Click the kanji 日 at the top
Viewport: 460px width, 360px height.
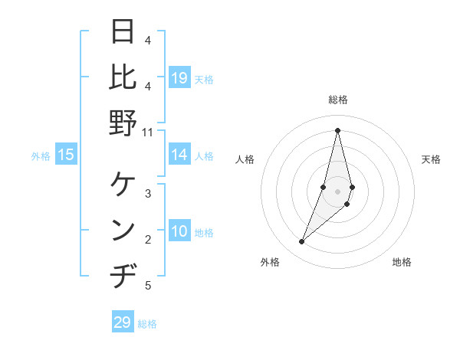click(x=123, y=32)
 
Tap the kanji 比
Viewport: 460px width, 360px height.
click(x=123, y=77)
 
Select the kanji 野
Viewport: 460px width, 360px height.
click(x=123, y=122)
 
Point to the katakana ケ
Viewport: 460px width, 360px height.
click(x=123, y=185)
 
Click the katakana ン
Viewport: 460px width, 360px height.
click(x=123, y=230)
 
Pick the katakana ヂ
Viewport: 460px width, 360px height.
click(x=123, y=275)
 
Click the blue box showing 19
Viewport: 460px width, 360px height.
click(x=179, y=78)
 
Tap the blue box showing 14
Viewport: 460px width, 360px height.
click(x=179, y=155)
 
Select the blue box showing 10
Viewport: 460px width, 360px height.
click(x=179, y=232)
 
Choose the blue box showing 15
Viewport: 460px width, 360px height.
click(x=66, y=155)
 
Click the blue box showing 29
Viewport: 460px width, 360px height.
click(x=123, y=322)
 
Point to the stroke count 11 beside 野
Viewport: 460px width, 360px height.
click(x=147, y=132)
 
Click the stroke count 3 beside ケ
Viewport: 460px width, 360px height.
click(x=148, y=194)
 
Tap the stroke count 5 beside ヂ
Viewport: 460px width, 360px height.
click(x=148, y=286)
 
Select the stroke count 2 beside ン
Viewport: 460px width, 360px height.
click(x=148, y=240)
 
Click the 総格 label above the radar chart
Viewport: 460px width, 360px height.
click(x=337, y=100)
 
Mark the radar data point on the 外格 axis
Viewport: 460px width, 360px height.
click(x=302, y=242)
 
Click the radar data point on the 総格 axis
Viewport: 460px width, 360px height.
click(x=337, y=130)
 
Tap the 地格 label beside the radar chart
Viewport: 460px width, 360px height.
click(x=402, y=262)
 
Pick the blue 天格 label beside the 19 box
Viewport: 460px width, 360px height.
click(x=204, y=79)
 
